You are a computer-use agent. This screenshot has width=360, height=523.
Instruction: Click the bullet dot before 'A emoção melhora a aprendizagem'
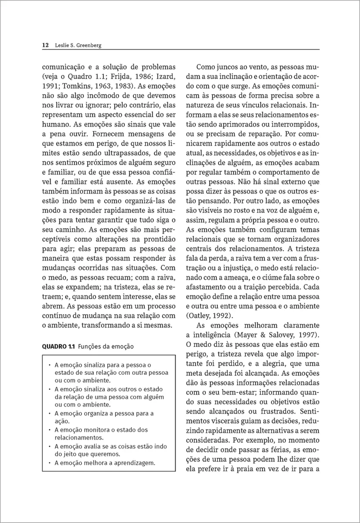(51, 463)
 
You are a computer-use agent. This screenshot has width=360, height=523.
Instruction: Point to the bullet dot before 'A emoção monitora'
(51, 430)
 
